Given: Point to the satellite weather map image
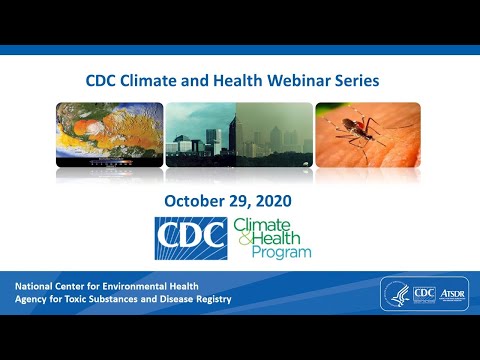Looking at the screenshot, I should click(107, 133).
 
